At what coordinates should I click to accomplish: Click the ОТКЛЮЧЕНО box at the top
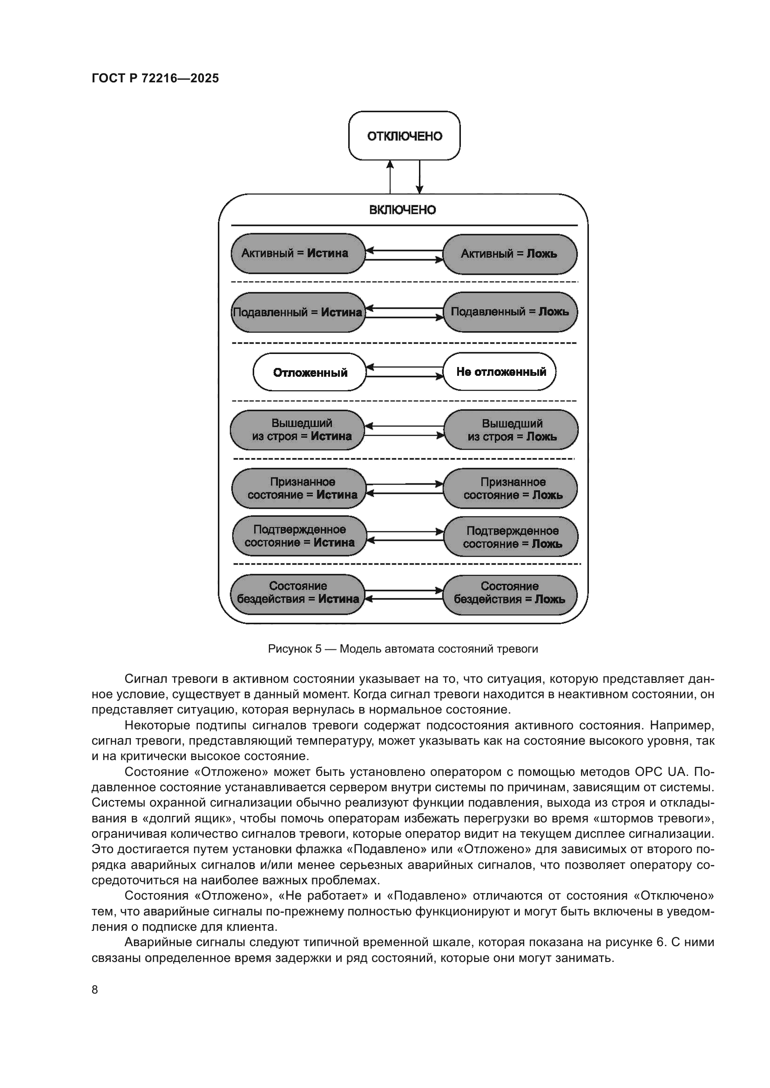(x=404, y=136)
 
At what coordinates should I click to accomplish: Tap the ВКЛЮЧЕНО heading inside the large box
(x=403, y=210)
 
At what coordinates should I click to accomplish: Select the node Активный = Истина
(x=298, y=254)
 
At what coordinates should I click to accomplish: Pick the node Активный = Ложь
(x=510, y=254)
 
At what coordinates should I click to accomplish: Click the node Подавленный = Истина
(x=298, y=312)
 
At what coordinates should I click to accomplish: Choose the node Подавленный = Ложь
(x=510, y=312)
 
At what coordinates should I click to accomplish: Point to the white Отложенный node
(x=310, y=373)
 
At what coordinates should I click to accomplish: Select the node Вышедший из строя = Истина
(x=297, y=430)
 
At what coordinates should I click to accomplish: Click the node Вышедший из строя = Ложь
(x=511, y=430)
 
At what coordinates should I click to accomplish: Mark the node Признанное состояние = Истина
(x=299, y=488)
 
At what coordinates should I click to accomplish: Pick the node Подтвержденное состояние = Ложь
(x=511, y=537)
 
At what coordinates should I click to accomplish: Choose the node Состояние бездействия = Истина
(x=298, y=593)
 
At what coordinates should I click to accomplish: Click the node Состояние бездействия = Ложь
(x=510, y=593)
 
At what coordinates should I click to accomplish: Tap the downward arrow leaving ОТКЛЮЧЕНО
(x=419, y=176)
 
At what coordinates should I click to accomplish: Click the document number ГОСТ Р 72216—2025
(x=155, y=79)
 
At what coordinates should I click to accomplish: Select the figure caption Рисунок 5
(x=403, y=649)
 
